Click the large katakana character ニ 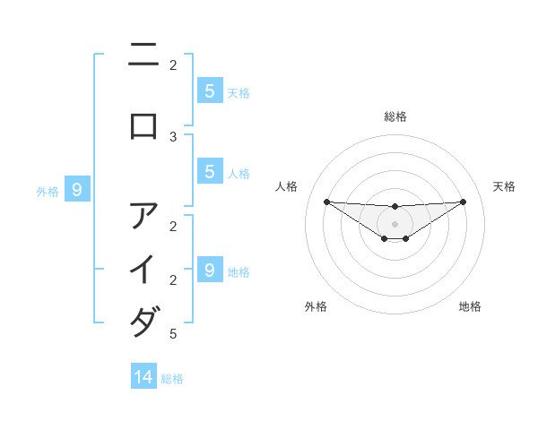(143, 56)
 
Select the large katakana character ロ (143, 125)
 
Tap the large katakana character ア (143, 216)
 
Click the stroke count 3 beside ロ (173, 136)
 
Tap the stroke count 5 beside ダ (173, 334)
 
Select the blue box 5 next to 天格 (209, 90)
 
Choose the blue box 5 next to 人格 (209, 172)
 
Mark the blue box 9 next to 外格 (77, 190)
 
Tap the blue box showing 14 (143, 377)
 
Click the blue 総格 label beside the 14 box (172, 379)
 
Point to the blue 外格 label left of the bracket (48, 191)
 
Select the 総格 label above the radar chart (395, 116)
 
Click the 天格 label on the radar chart (504, 186)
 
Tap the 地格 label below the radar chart (470, 306)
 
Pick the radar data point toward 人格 (326, 202)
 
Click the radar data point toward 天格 (463, 202)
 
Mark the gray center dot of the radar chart (395, 224)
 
